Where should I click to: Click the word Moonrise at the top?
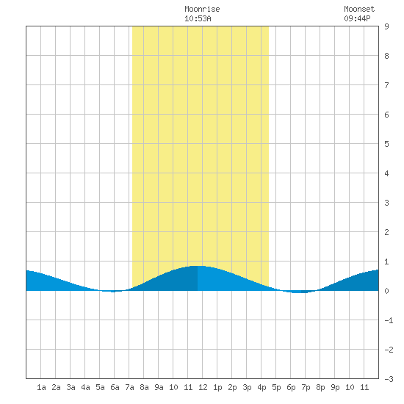tap(202, 9)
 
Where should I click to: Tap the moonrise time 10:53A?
tap(198, 18)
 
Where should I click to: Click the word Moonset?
tap(359, 9)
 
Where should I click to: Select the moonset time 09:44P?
tap(357, 18)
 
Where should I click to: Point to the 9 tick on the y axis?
tap(386, 26)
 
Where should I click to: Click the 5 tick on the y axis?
tap(386, 144)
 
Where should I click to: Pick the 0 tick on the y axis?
tap(386, 291)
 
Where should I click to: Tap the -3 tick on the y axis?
tap(389, 379)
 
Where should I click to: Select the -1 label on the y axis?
tap(389, 320)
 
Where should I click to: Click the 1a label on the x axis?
tap(41, 387)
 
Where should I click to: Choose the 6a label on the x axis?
tap(115, 387)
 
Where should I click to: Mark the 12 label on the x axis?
tap(203, 387)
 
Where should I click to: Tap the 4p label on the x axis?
tap(261, 387)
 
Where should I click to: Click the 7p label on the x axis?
tap(306, 387)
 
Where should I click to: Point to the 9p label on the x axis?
tap(335, 387)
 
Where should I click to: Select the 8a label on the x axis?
tap(144, 387)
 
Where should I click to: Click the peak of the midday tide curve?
tap(198, 266)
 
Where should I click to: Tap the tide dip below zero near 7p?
tap(300, 292)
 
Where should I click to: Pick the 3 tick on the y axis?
tap(386, 203)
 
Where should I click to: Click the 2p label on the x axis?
tap(232, 387)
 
